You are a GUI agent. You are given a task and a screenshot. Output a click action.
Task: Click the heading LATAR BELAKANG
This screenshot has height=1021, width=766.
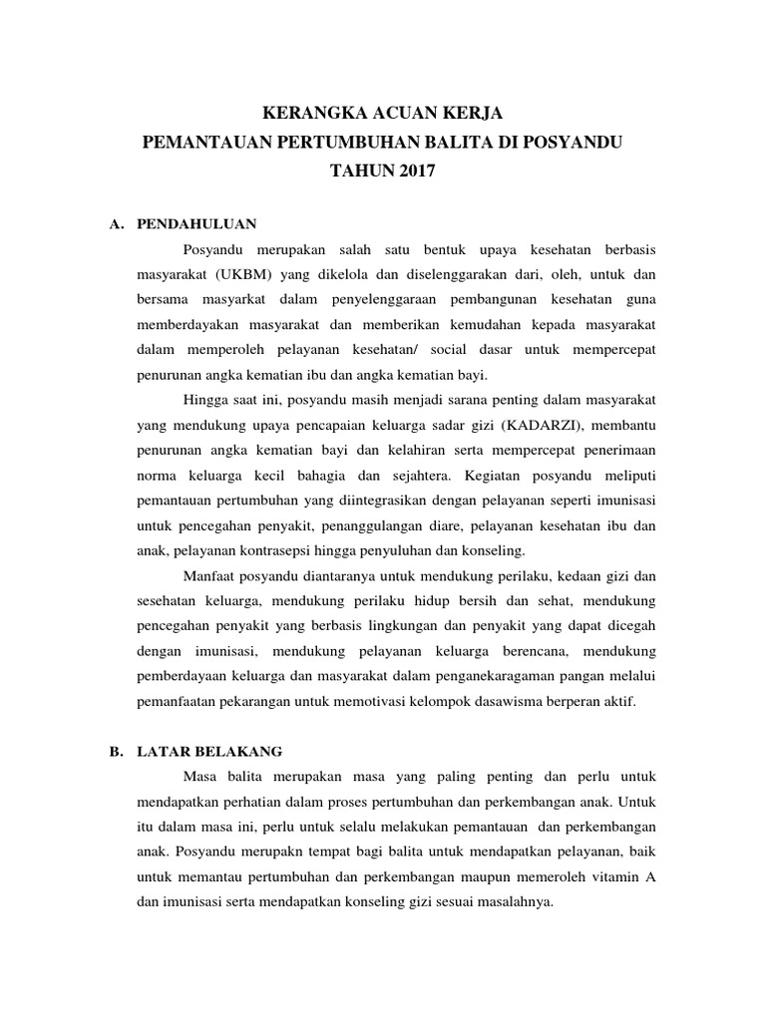210,751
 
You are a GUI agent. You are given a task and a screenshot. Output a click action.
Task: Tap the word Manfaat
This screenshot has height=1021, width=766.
211,575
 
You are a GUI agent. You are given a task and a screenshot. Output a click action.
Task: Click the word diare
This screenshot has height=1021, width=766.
456,524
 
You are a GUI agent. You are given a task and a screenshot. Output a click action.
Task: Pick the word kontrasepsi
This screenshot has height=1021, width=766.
262,550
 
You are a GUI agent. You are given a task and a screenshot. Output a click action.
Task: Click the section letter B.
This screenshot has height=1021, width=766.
115,751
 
